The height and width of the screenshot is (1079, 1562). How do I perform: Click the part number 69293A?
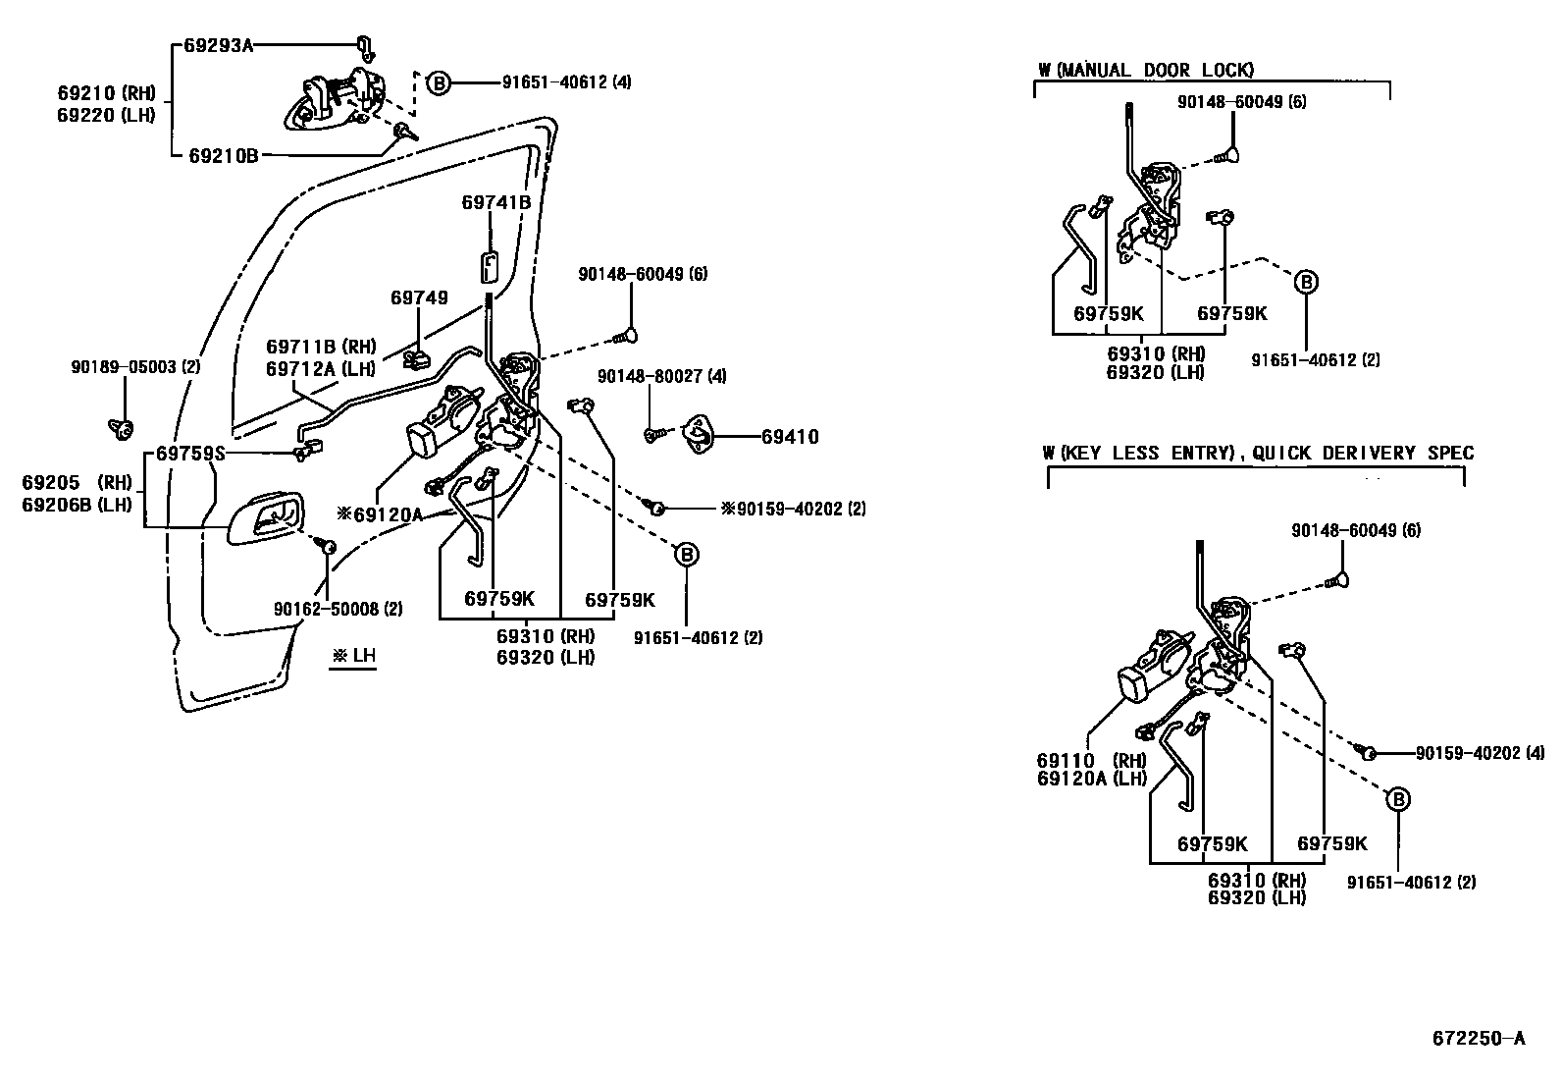[218, 44]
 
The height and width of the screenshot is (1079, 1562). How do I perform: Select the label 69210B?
[224, 155]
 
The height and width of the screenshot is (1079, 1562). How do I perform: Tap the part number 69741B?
[495, 202]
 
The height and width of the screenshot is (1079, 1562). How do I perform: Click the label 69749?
[419, 297]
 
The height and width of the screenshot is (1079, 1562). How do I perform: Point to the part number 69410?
[790, 437]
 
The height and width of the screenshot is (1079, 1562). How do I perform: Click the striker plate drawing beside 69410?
[703, 433]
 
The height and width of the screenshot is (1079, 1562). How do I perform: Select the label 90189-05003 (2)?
[135, 366]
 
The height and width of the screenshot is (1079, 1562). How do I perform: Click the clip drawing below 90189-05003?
[123, 427]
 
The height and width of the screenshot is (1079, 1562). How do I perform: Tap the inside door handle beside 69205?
[265, 517]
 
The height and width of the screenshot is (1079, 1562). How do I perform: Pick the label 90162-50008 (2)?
[338, 609]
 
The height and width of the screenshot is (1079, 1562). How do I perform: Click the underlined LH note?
[353, 656]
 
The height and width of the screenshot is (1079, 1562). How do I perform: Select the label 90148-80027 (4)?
[662, 376]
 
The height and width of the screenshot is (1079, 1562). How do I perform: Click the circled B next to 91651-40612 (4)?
[439, 83]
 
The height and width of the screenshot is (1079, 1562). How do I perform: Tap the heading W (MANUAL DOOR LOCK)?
[1146, 70]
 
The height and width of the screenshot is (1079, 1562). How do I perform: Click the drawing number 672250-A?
[1477, 1038]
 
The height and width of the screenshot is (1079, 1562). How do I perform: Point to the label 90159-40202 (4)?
[1480, 753]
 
